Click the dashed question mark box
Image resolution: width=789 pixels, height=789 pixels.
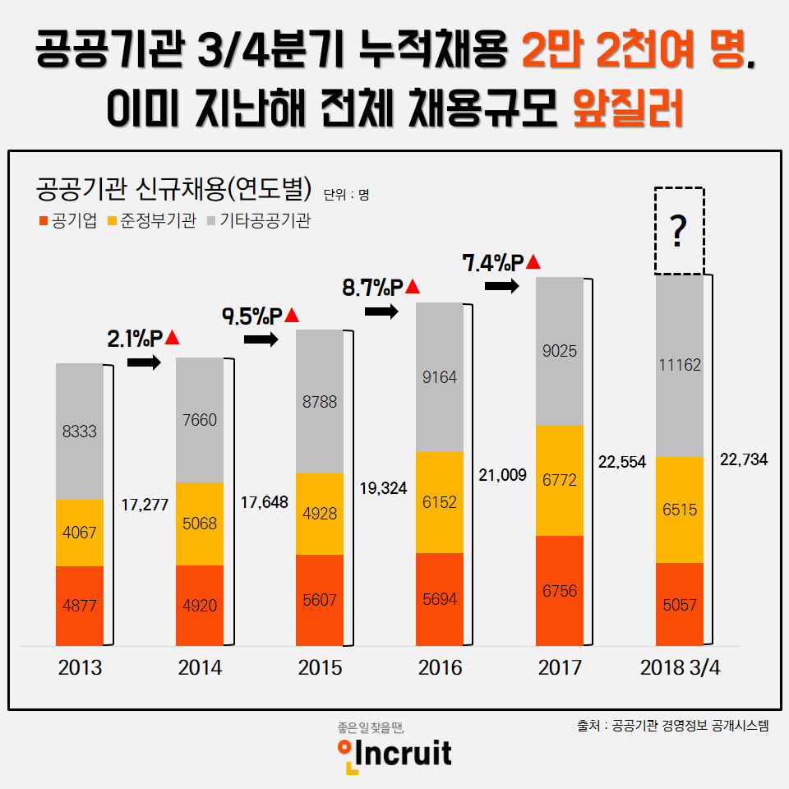click(x=679, y=231)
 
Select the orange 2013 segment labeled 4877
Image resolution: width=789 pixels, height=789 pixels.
click(x=80, y=606)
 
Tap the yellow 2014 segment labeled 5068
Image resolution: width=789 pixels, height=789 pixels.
click(x=200, y=524)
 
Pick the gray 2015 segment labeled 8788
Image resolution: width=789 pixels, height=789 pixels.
click(x=320, y=402)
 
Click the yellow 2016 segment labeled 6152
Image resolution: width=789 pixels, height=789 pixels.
click(x=440, y=502)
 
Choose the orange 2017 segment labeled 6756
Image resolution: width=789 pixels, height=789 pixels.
click(x=560, y=590)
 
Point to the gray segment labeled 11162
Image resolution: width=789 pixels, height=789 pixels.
click(x=679, y=366)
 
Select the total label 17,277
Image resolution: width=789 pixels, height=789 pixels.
click(x=145, y=505)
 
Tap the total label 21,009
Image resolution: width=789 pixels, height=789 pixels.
click(x=502, y=474)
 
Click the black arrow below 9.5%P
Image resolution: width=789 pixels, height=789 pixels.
click(x=262, y=339)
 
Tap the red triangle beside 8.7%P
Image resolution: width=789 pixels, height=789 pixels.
click(x=413, y=287)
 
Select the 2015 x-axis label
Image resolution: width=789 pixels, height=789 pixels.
click(x=320, y=667)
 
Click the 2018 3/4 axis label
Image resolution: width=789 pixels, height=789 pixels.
click(x=680, y=667)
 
